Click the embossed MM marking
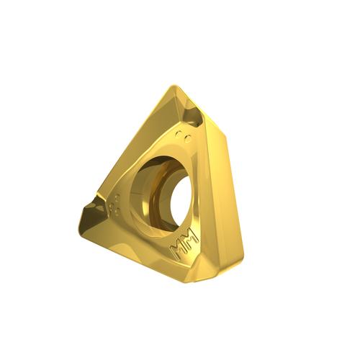click(x=184, y=244)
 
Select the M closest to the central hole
click(x=191, y=236)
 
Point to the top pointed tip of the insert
click(x=174, y=86)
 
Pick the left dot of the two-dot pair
click(x=179, y=134)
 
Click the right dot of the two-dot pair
click(x=188, y=139)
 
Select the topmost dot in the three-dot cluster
click(x=117, y=197)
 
